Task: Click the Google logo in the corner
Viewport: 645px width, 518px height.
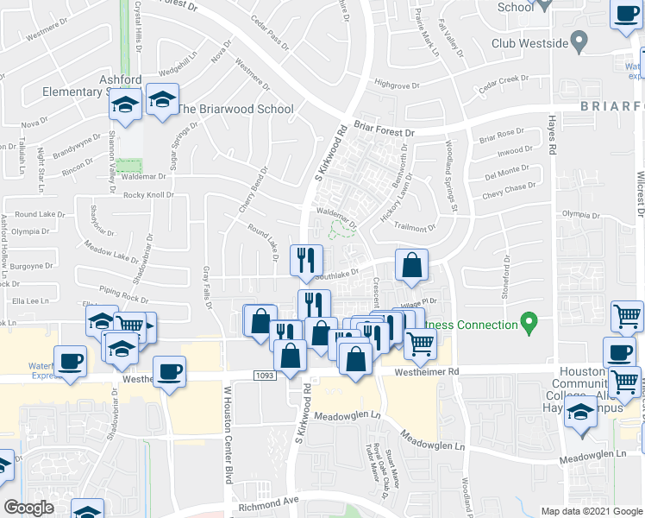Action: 28,508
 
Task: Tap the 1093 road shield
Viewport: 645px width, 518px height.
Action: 266,374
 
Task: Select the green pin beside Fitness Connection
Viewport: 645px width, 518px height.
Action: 530,325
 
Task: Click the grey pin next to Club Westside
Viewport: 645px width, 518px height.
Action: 579,41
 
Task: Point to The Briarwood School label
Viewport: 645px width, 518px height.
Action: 235,110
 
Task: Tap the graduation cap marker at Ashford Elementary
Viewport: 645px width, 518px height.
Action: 125,105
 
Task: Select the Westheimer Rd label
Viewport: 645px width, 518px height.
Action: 429,372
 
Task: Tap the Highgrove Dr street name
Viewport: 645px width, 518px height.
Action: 397,85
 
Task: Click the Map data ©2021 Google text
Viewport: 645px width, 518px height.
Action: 591,510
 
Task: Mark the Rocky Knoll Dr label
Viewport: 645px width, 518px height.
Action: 148,194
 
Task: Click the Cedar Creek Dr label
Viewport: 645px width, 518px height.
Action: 503,79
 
